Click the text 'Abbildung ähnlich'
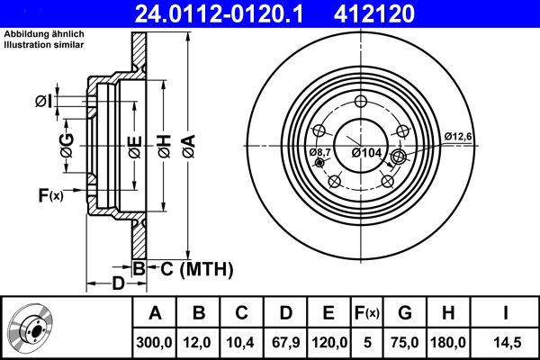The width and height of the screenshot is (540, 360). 44,33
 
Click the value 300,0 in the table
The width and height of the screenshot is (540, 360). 154,342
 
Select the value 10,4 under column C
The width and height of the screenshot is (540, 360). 241,342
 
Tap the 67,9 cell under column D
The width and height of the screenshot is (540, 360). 285,342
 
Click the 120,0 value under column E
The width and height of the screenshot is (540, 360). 328,342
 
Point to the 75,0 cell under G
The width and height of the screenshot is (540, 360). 405,342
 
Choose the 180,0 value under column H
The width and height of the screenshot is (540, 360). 448,342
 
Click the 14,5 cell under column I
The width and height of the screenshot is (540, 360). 506,342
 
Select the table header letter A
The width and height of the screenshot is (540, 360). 154,313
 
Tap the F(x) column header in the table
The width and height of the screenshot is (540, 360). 367,313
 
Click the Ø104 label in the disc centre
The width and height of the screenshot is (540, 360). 366,154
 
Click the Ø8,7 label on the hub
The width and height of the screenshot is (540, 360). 320,153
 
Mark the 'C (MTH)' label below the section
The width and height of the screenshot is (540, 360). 197,268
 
